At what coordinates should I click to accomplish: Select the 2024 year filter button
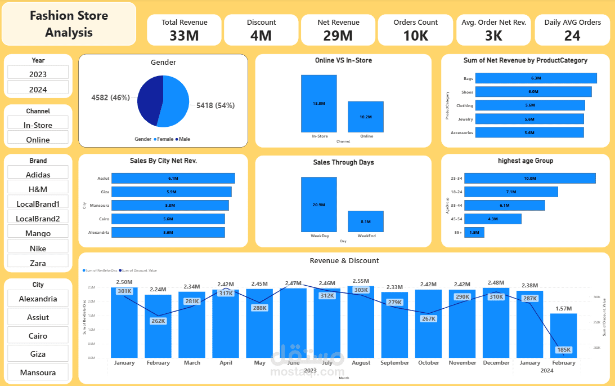38,89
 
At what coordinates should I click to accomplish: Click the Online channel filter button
38,139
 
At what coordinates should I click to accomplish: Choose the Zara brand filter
38,263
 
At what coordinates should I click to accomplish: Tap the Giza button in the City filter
38,354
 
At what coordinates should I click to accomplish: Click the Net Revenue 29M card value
338,36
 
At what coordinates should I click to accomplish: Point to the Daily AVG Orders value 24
572,36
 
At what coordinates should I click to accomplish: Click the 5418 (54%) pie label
216,105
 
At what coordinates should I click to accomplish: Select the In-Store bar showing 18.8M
318,103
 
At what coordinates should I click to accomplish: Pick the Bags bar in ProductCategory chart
535,78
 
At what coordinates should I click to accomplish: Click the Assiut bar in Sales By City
173,178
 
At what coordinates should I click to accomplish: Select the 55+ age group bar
474,232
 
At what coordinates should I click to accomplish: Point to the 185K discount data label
563,350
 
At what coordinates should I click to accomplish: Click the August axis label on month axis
361,363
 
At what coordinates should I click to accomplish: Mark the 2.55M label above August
361,281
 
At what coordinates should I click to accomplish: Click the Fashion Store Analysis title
69,24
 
